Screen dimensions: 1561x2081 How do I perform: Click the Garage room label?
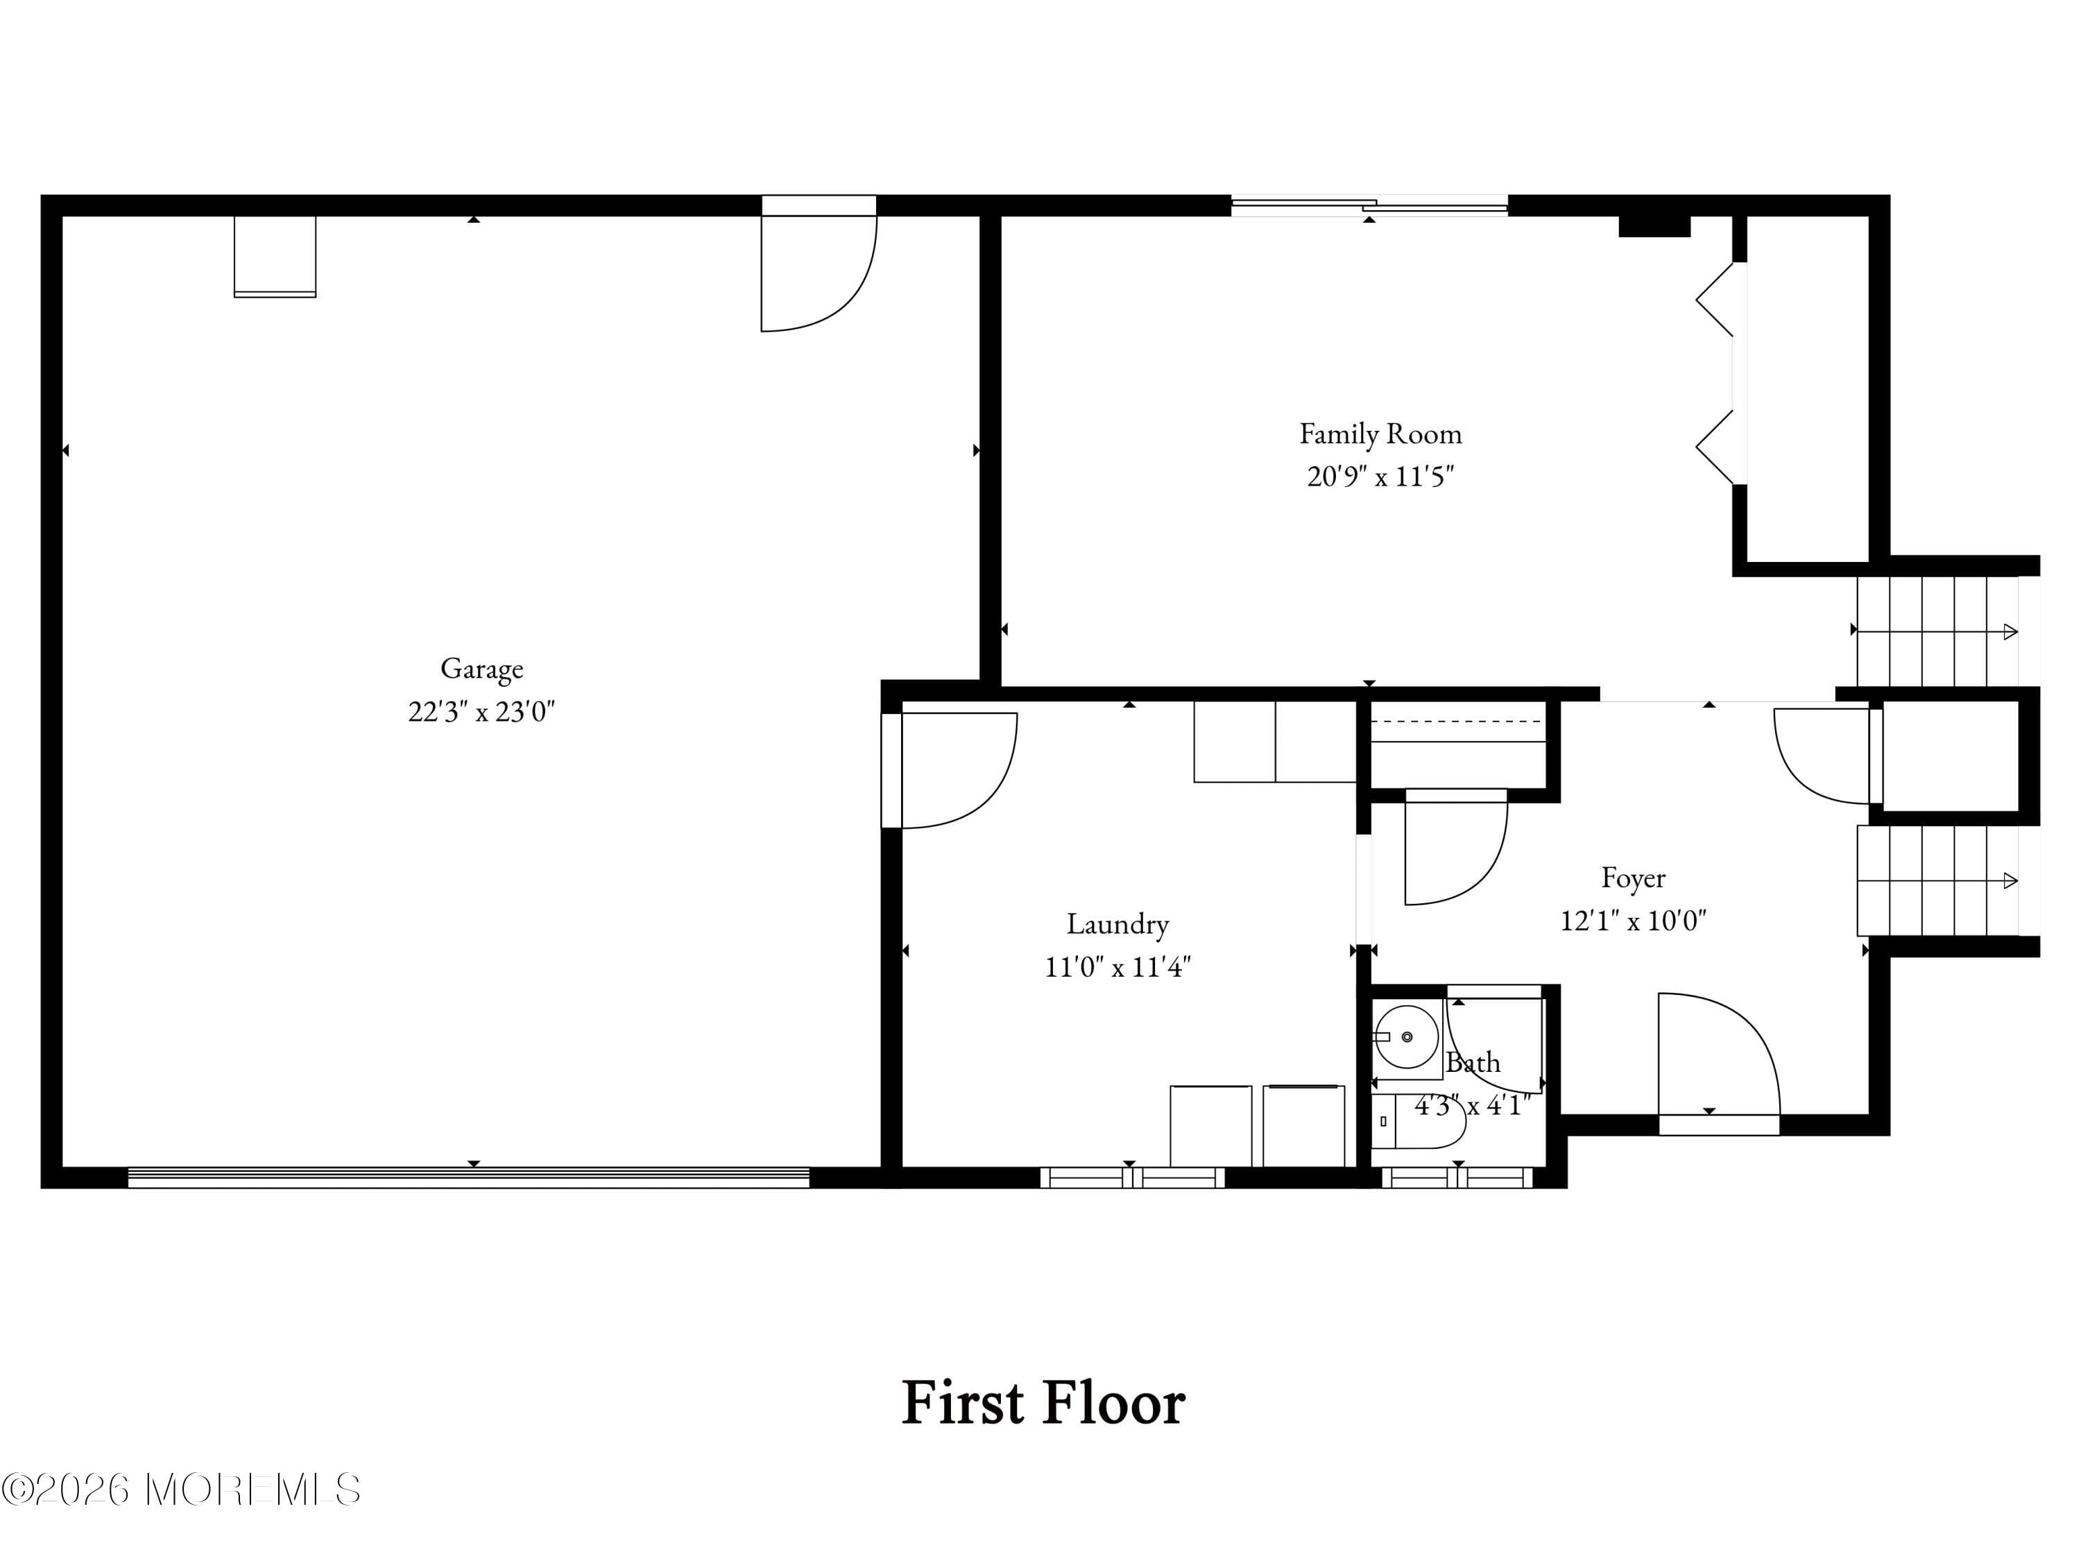click(x=481, y=668)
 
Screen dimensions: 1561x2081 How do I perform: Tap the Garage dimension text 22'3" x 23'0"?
click(x=481, y=711)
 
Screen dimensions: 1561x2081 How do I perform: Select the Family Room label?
click(x=1380, y=434)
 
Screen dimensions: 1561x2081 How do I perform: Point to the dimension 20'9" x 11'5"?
click(x=1380, y=476)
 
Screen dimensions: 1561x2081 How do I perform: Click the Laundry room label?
click(x=1117, y=924)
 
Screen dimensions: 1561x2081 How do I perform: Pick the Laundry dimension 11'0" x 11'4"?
click(x=1117, y=966)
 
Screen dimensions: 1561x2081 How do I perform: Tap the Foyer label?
click(x=1633, y=878)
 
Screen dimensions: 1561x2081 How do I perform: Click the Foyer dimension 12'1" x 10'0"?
click(x=1633, y=920)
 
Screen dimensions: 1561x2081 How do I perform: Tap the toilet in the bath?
click(x=1421, y=1122)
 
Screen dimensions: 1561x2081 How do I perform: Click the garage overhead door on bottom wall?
click(x=468, y=1177)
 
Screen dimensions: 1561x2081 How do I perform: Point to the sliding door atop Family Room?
click(x=1369, y=205)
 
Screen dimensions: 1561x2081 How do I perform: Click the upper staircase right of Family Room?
click(x=1936, y=631)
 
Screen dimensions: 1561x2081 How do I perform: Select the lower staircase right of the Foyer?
click(x=1936, y=880)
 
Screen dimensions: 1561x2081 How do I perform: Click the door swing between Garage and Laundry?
click(x=950, y=769)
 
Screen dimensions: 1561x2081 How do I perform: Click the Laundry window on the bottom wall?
click(x=1132, y=1177)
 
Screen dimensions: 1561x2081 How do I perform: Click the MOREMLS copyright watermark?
click(x=180, y=1490)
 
